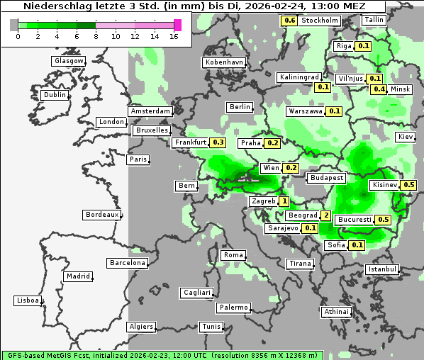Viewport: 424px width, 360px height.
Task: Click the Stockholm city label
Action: click(x=319, y=21)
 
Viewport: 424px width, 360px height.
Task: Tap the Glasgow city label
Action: click(x=69, y=61)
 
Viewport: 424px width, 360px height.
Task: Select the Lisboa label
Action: click(x=27, y=300)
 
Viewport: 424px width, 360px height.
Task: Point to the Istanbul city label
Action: click(x=382, y=269)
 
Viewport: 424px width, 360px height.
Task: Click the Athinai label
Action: click(x=336, y=311)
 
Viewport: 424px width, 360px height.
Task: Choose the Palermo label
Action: click(x=233, y=308)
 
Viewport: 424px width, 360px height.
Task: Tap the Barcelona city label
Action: click(x=128, y=263)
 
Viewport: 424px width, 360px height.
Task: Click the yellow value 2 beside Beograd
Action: click(x=326, y=215)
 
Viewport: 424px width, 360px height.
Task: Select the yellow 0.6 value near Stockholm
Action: click(x=289, y=21)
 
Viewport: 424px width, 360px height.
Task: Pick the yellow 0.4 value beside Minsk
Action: click(x=379, y=89)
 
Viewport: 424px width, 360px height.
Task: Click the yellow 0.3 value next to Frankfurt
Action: click(x=218, y=142)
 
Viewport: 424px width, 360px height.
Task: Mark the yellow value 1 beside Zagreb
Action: click(x=284, y=201)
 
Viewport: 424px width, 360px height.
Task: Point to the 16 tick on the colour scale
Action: click(x=174, y=35)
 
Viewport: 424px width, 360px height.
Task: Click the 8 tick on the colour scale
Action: click(x=96, y=35)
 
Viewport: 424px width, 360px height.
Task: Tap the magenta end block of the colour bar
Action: click(x=178, y=25)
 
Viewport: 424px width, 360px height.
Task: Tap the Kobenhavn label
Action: click(x=223, y=62)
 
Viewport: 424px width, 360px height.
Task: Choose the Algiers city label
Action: click(x=140, y=327)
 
